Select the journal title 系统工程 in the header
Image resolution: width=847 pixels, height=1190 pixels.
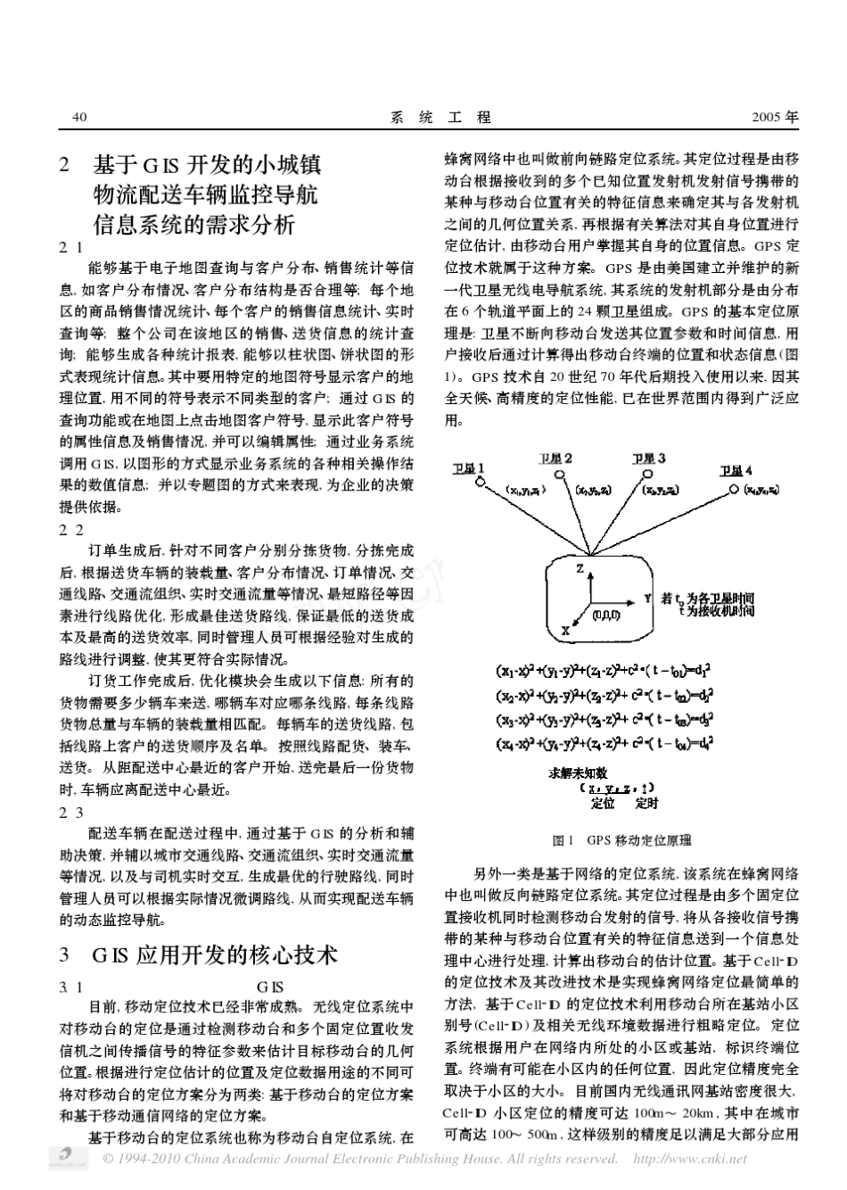pyautogui.click(x=441, y=117)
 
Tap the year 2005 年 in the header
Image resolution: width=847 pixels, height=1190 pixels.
pyautogui.click(x=776, y=117)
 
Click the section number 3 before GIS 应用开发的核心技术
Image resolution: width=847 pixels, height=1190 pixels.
pyautogui.click(x=64, y=954)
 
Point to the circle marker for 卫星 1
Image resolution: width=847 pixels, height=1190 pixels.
pyautogui.click(x=479, y=484)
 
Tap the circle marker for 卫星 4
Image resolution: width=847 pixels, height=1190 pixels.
pyautogui.click(x=735, y=487)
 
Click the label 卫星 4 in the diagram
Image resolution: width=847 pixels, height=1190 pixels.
pyautogui.click(x=736, y=470)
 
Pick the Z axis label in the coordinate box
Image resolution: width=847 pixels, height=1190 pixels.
pyautogui.click(x=580, y=567)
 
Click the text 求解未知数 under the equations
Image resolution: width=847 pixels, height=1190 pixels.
pyautogui.click(x=578, y=773)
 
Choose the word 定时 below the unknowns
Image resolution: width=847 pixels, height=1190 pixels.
pyautogui.click(x=646, y=804)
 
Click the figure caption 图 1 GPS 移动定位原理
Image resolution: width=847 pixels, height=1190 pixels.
pyautogui.click(x=621, y=840)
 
